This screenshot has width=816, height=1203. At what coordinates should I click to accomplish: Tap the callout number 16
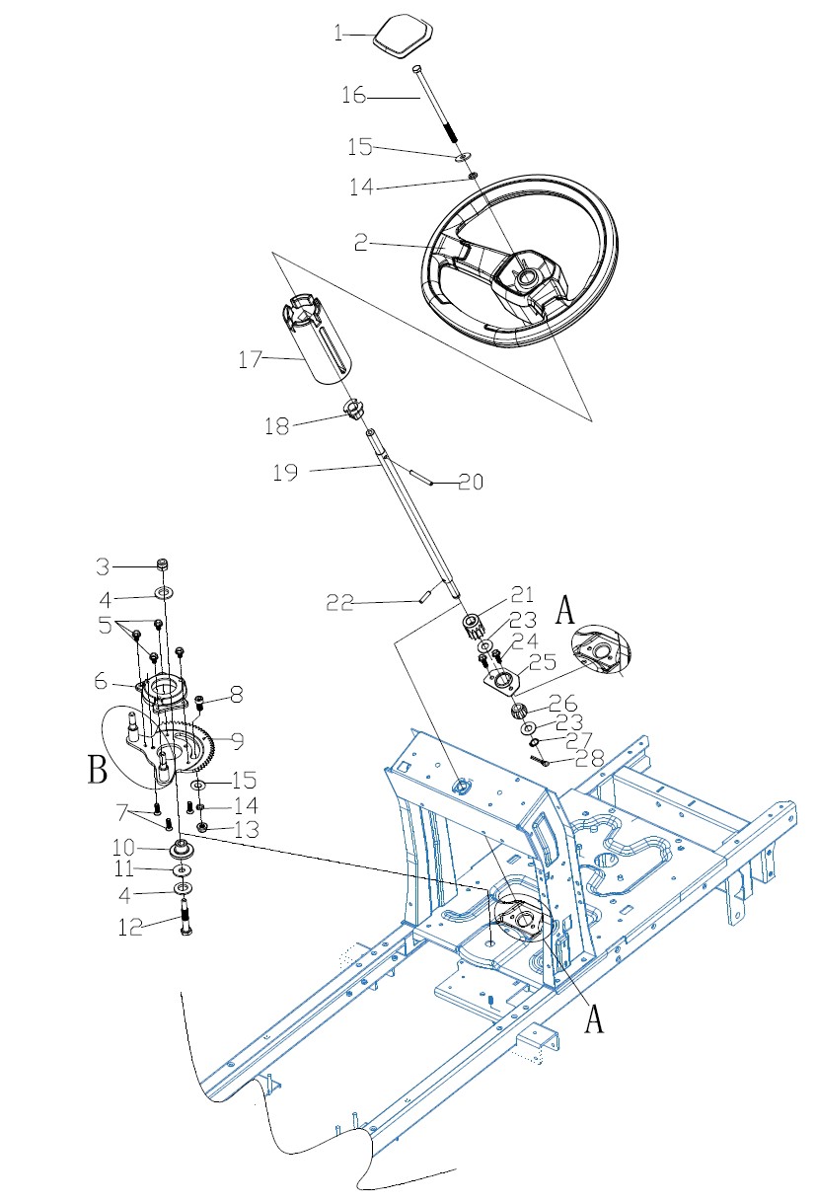[354, 96]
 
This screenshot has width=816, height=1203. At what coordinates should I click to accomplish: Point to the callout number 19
[285, 472]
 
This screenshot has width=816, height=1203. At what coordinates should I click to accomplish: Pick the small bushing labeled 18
[353, 411]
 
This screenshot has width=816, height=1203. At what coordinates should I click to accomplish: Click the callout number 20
[471, 482]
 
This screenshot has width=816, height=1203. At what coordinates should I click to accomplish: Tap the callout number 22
[339, 603]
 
